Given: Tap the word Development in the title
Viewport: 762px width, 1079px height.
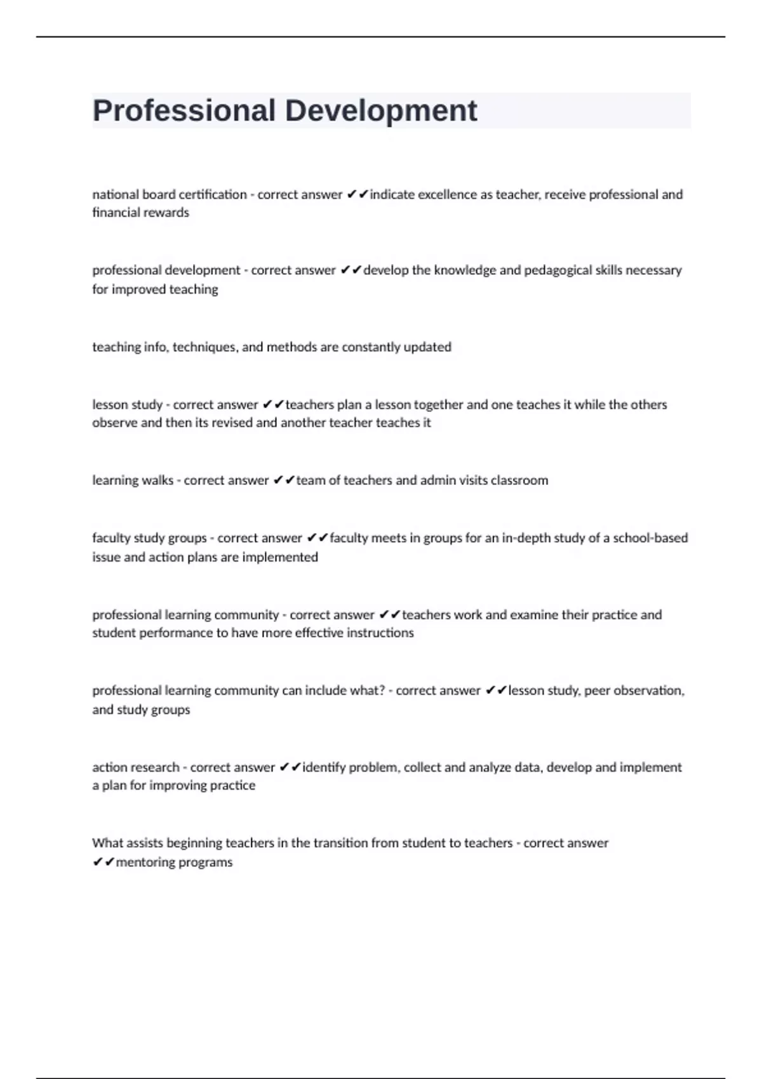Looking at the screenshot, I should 381,111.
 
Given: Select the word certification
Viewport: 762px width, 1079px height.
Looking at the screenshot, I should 213,195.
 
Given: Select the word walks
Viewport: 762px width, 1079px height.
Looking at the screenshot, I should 157,480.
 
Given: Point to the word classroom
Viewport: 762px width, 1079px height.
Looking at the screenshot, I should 519,480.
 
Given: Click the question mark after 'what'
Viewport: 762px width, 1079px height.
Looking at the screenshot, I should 382,691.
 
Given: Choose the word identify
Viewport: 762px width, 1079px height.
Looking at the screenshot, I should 324,767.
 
